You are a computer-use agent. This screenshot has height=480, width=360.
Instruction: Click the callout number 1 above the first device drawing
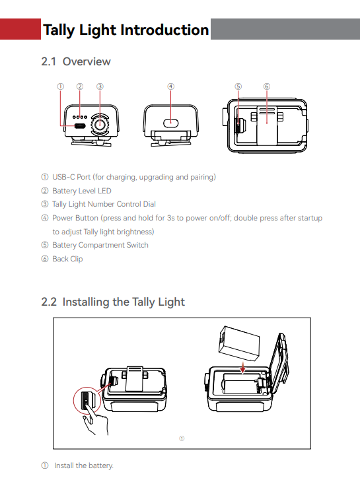(x=61, y=86)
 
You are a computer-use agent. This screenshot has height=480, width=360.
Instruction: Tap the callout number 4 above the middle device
(x=170, y=86)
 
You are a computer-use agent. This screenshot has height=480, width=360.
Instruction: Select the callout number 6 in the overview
(x=267, y=86)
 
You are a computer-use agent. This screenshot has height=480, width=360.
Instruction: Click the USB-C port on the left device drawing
(x=80, y=125)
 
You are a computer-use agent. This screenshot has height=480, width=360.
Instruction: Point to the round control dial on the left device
(x=100, y=124)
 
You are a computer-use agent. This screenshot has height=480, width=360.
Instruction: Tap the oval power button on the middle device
(x=170, y=123)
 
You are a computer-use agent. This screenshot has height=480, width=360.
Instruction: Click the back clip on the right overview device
(x=267, y=125)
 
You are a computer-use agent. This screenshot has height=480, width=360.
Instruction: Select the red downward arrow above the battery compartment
(x=242, y=367)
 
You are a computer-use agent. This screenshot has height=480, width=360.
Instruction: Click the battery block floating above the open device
(x=239, y=343)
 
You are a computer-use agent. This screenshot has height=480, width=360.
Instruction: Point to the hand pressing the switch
(x=96, y=419)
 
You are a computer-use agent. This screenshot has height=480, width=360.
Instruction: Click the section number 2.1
(x=49, y=61)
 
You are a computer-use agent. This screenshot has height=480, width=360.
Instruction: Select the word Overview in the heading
(x=87, y=61)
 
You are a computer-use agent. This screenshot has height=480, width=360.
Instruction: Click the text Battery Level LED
(x=82, y=191)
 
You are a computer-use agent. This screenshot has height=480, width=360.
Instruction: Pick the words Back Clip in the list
(x=67, y=259)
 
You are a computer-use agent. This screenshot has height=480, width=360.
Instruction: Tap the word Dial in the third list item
(x=149, y=204)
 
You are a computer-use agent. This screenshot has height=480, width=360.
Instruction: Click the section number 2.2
(x=49, y=302)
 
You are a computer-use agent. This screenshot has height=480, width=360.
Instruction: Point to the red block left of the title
(x=20, y=29)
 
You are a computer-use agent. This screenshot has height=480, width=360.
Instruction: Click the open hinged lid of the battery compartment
(x=279, y=361)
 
